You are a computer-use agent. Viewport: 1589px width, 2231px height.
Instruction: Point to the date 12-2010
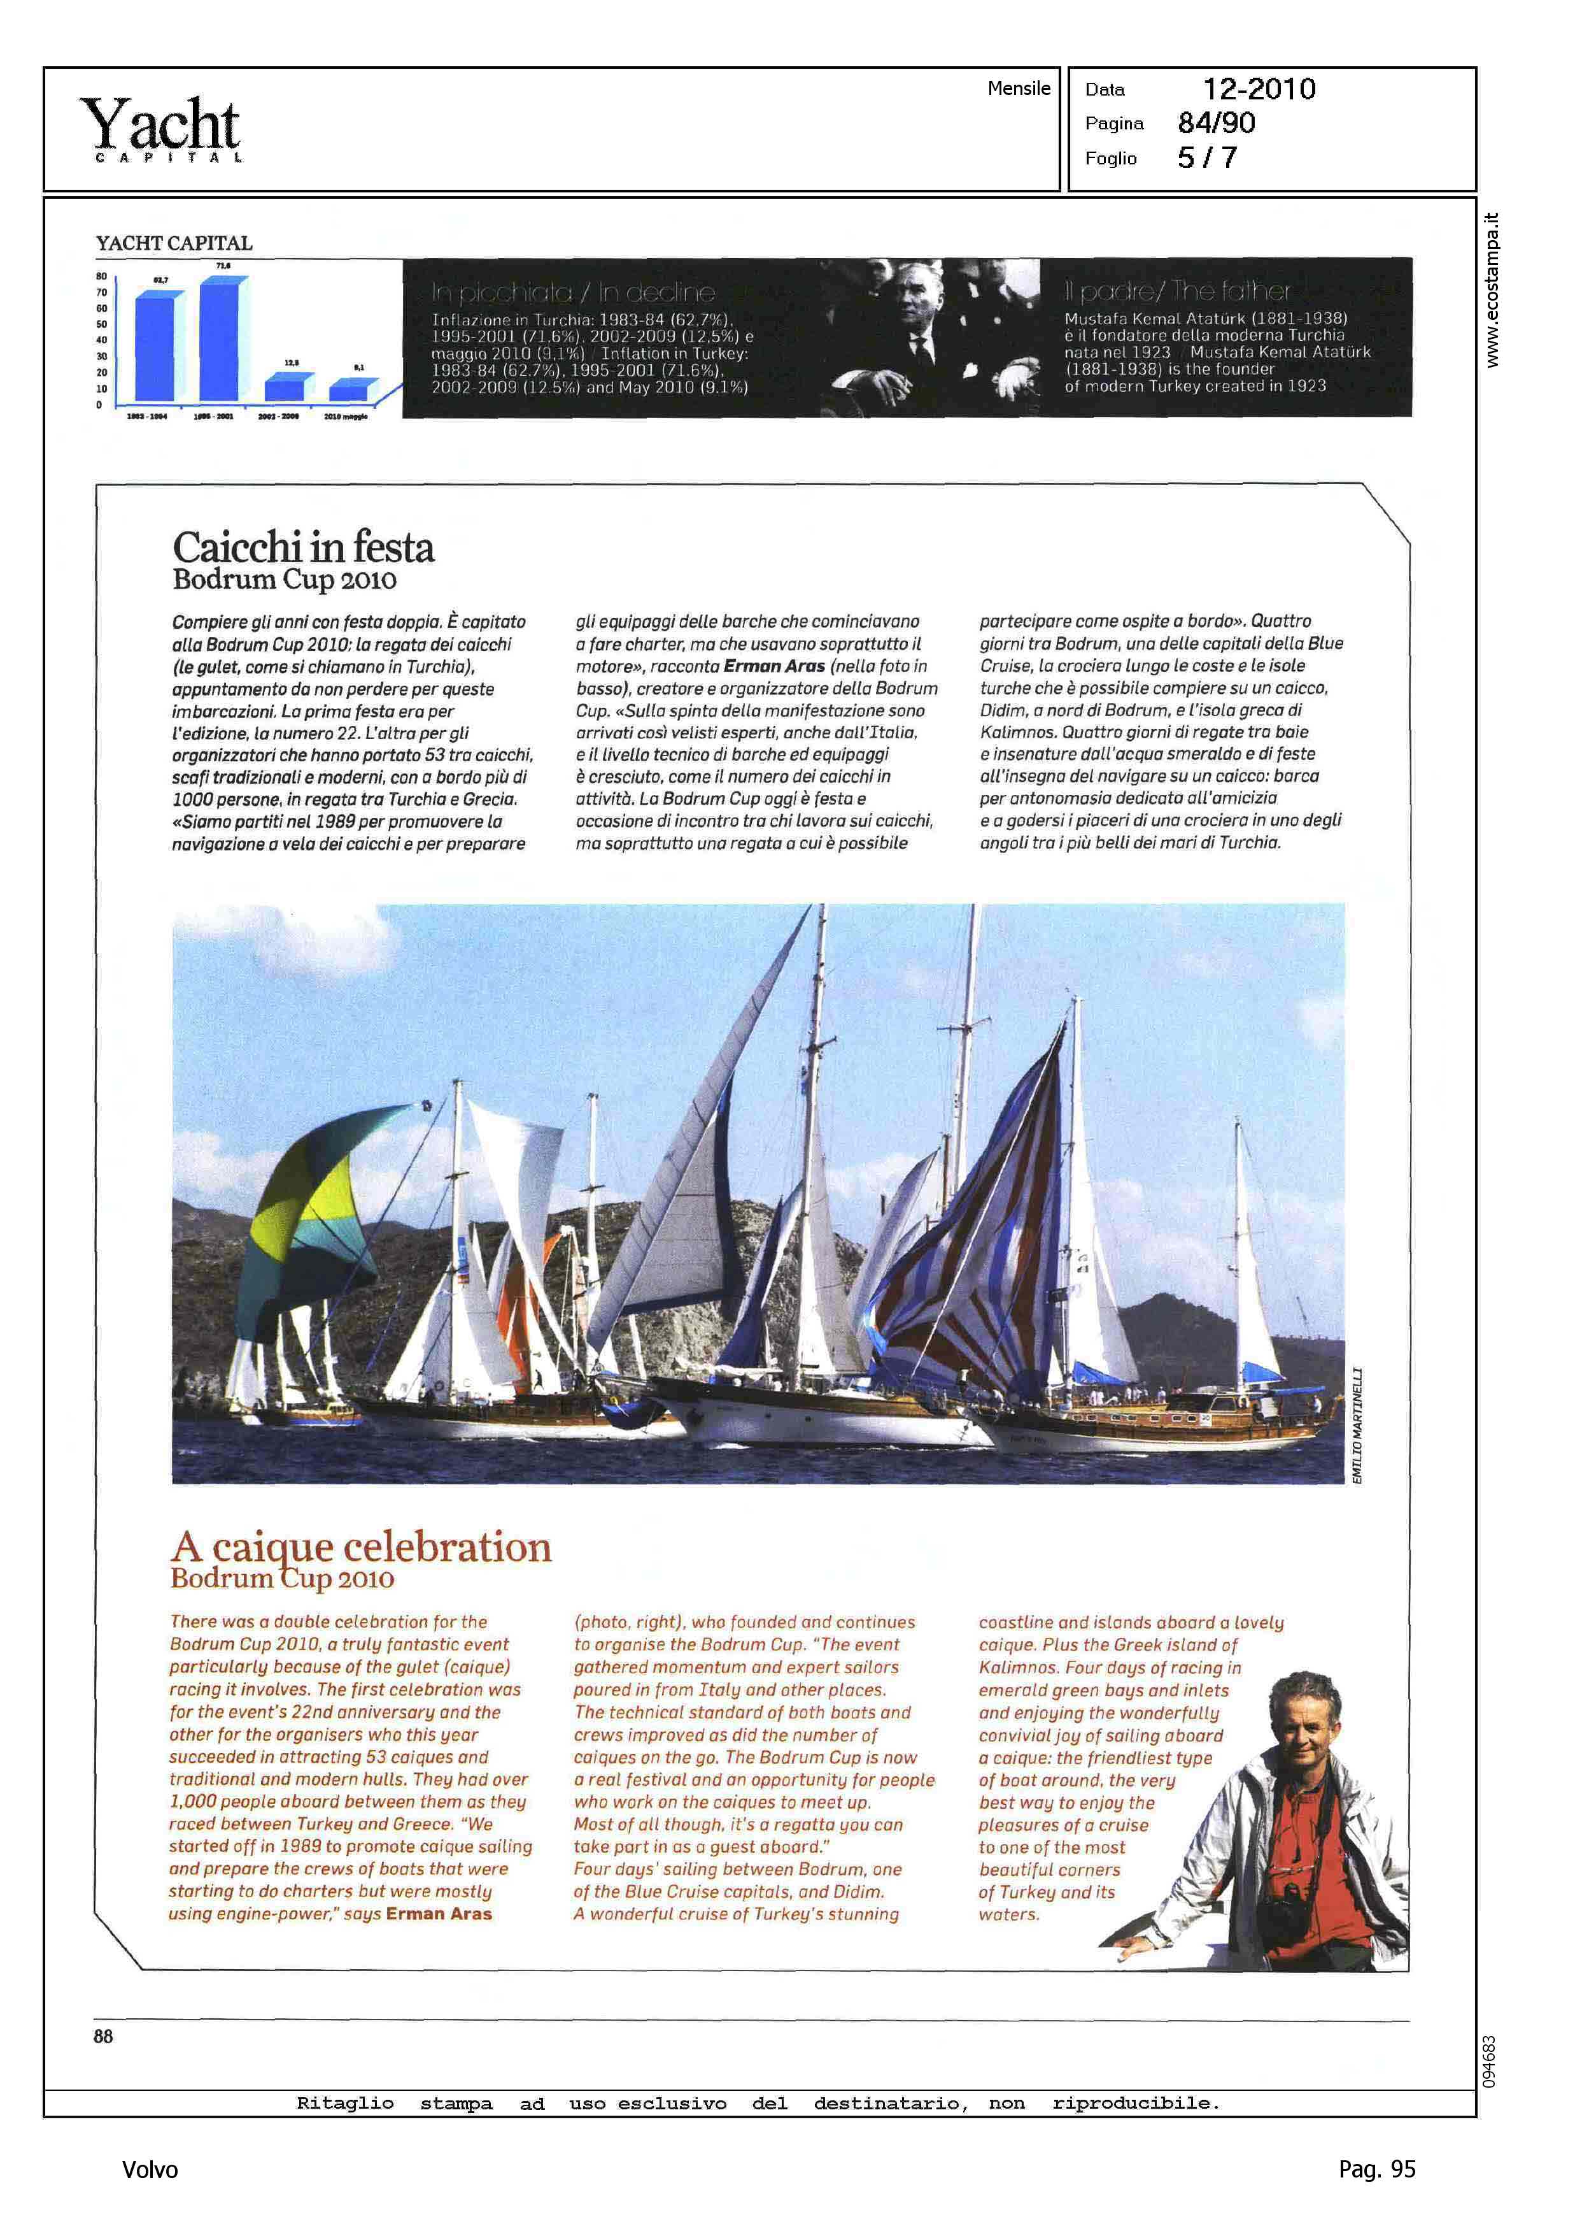[1259, 89]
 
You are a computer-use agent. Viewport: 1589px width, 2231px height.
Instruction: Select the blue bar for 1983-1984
[155, 348]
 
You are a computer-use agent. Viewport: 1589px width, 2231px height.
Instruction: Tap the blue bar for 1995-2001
[220, 339]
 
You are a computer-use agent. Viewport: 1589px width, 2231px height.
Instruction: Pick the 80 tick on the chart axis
[101, 276]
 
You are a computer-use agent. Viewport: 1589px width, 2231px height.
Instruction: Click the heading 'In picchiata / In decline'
[574, 292]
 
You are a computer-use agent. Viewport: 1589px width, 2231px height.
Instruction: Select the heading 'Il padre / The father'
[1177, 290]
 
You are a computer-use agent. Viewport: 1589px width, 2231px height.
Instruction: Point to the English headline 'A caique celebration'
[361, 1547]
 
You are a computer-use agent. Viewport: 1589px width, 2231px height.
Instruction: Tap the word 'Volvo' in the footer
[150, 2169]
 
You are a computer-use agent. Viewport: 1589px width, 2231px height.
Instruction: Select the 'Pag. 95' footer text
[1376, 2169]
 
